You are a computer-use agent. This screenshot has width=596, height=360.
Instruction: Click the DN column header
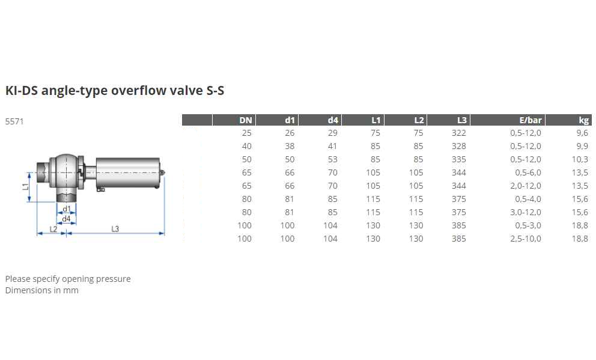[246, 120]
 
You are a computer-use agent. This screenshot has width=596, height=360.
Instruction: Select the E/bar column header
[531, 120]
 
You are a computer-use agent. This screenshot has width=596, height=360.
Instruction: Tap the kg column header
[583, 121]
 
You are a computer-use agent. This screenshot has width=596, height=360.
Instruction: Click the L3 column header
[461, 120]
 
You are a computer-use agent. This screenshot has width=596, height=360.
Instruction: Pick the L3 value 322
[459, 133]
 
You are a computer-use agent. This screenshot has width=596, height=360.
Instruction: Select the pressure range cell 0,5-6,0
[528, 172]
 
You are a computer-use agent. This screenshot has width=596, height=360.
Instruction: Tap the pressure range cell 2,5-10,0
[526, 239]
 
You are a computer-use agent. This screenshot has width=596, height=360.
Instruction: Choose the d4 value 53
[333, 159]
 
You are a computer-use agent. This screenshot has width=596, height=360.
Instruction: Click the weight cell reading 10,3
[580, 160]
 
